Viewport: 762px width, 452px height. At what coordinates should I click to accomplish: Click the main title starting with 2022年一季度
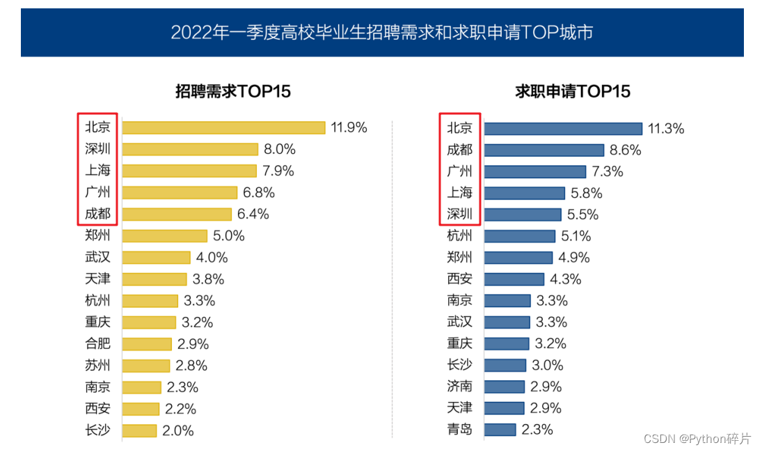[x=381, y=32]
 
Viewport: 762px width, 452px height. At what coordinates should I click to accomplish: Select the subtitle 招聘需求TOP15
[x=232, y=91]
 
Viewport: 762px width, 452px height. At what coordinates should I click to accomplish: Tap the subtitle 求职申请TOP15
[x=572, y=91]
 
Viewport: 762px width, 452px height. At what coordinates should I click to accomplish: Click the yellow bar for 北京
[x=223, y=127]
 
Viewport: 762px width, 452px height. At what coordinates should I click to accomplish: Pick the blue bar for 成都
[x=543, y=150]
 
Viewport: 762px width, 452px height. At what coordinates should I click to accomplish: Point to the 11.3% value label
[x=666, y=128]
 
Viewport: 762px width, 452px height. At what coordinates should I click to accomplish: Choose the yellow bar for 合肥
[x=147, y=344]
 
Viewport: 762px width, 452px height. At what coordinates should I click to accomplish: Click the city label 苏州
[x=97, y=366]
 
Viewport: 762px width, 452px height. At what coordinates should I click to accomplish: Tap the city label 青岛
[x=459, y=430]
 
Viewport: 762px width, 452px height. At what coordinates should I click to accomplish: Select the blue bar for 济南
[x=504, y=387]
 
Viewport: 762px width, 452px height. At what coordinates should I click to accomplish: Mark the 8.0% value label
[x=279, y=149]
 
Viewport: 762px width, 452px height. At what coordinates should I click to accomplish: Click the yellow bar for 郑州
[x=165, y=236]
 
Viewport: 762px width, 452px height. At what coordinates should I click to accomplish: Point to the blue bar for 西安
[x=514, y=279]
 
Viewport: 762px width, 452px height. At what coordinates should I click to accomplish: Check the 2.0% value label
[x=177, y=430]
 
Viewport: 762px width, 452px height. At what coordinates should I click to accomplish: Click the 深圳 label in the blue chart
[x=459, y=215]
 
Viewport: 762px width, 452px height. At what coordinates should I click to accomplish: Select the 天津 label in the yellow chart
[x=97, y=279]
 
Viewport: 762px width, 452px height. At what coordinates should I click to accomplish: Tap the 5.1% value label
[x=576, y=236]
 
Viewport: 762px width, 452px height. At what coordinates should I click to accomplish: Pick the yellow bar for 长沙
[x=139, y=430]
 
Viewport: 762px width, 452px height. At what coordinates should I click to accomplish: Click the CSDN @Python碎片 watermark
[x=697, y=439]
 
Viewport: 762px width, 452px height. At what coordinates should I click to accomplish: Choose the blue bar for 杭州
[x=519, y=236]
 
